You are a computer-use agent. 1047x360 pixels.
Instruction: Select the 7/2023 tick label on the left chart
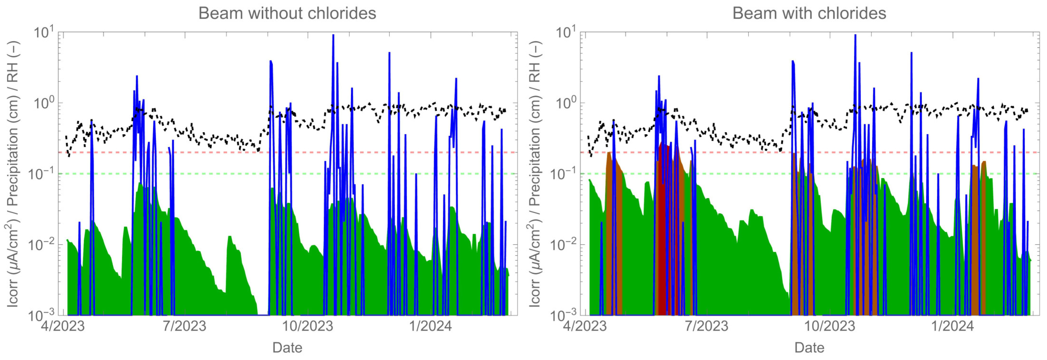pos(185,326)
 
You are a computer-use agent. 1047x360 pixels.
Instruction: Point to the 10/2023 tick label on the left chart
pos(308,326)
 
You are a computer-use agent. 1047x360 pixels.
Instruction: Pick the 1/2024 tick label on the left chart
pos(430,326)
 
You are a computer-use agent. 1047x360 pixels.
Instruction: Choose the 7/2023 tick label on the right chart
pos(707,326)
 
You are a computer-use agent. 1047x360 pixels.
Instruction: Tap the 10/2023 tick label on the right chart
pos(830,326)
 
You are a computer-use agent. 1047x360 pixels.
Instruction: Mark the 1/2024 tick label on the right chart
pos(953,326)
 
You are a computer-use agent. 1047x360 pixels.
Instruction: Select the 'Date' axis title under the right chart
pos(809,348)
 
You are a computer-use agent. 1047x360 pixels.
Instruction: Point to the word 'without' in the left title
pos(274,13)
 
